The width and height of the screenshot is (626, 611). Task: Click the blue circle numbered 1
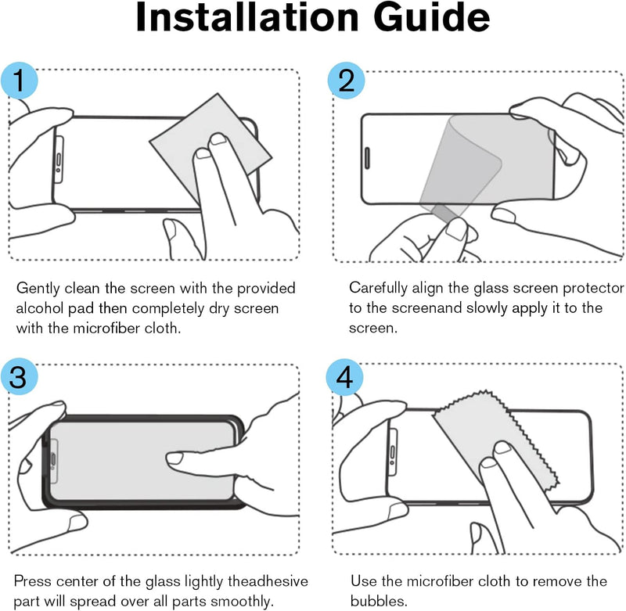[x=19, y=81]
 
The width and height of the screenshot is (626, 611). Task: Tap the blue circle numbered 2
[x=346, y=81]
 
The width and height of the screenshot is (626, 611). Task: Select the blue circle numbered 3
[x=19, y=377]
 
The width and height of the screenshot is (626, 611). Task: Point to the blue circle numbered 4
[x=344, y=377]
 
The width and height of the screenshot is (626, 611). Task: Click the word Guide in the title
[x=432, y=17]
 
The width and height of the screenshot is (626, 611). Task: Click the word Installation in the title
[x=247, y=17]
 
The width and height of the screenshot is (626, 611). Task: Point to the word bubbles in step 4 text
[x=379, y=601]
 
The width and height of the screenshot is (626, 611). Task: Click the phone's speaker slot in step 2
[x=367, y=157]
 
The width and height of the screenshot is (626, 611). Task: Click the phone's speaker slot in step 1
[x=59, y=160]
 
